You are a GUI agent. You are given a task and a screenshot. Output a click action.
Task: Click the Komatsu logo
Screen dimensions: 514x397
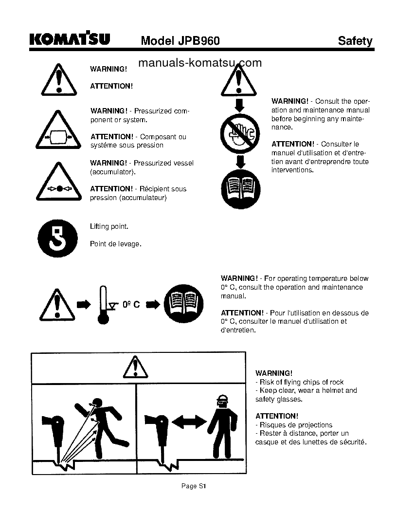pyautogui.click(x=70, y=39)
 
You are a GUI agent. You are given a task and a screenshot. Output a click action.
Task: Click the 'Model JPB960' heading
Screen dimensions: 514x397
pyautogui.click(x=180, y=41)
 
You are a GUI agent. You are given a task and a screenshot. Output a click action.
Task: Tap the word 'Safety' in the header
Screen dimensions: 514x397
pyautogui.click(x=355, y=41)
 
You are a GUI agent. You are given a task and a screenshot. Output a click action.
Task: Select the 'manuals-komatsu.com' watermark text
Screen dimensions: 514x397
pyautogui.click(x=200, y=63)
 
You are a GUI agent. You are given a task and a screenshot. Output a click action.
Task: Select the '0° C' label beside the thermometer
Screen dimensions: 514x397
pyautogui.click(x=131, y=304)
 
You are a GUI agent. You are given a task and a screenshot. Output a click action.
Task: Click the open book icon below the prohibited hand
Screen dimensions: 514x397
pyautogui.click(x=240, y=189)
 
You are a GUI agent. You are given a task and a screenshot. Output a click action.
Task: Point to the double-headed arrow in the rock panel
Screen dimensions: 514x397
pyautogui.click(x=189, y=422)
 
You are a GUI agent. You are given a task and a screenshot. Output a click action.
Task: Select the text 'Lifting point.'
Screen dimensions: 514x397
pyautogui.click(x=109, y=227)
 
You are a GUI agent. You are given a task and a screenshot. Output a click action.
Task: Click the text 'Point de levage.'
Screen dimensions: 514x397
pyautogui.click(x=115, y=244)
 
